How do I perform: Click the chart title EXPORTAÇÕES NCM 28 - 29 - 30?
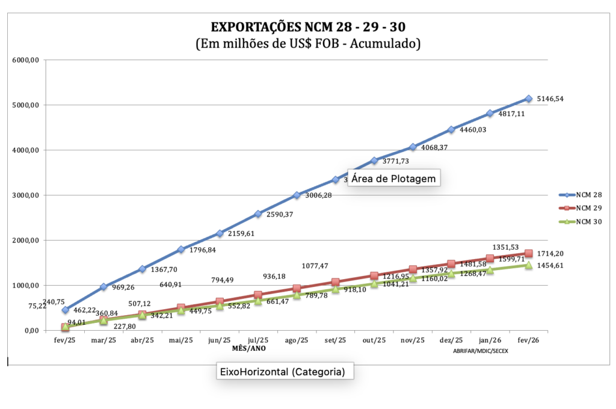click(x=307, y=27)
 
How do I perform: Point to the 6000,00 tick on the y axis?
click(x=26, y=60)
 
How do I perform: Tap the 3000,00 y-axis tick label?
click(x=26, y=195)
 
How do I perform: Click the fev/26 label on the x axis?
click(x=528, y=340)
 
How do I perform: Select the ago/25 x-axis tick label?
click(x=297, y=340)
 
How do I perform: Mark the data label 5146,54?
click(x=555, y=99)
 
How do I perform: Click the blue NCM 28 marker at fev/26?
click(x=529, y=99)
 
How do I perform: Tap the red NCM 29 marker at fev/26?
click(x=529, y=253)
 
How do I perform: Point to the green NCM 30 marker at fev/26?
click(x=529, y=265)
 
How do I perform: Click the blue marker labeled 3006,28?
click(x=297, y=195)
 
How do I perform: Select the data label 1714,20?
click(x=555, y=254)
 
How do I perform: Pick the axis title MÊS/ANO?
click(x=248, y=348)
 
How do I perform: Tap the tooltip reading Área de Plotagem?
click(x=394, y=179)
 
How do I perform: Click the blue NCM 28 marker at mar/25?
click(x=103, y=287)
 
